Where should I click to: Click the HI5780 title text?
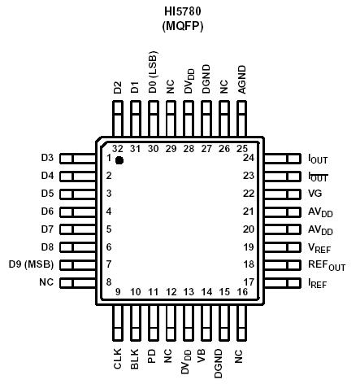point(181,11)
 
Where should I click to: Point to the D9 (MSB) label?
point(31,264)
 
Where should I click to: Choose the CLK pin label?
point(119,358)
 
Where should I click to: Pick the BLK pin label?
point(136,358)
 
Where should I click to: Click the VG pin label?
point(314,194)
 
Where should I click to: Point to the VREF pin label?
point(319,247)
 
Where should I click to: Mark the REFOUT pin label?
point(325,264)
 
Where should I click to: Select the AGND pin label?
point(242,81)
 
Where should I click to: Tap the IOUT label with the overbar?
point(318,176)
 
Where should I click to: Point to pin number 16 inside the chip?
point(241,291)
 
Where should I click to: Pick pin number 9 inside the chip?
point(119,291)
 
